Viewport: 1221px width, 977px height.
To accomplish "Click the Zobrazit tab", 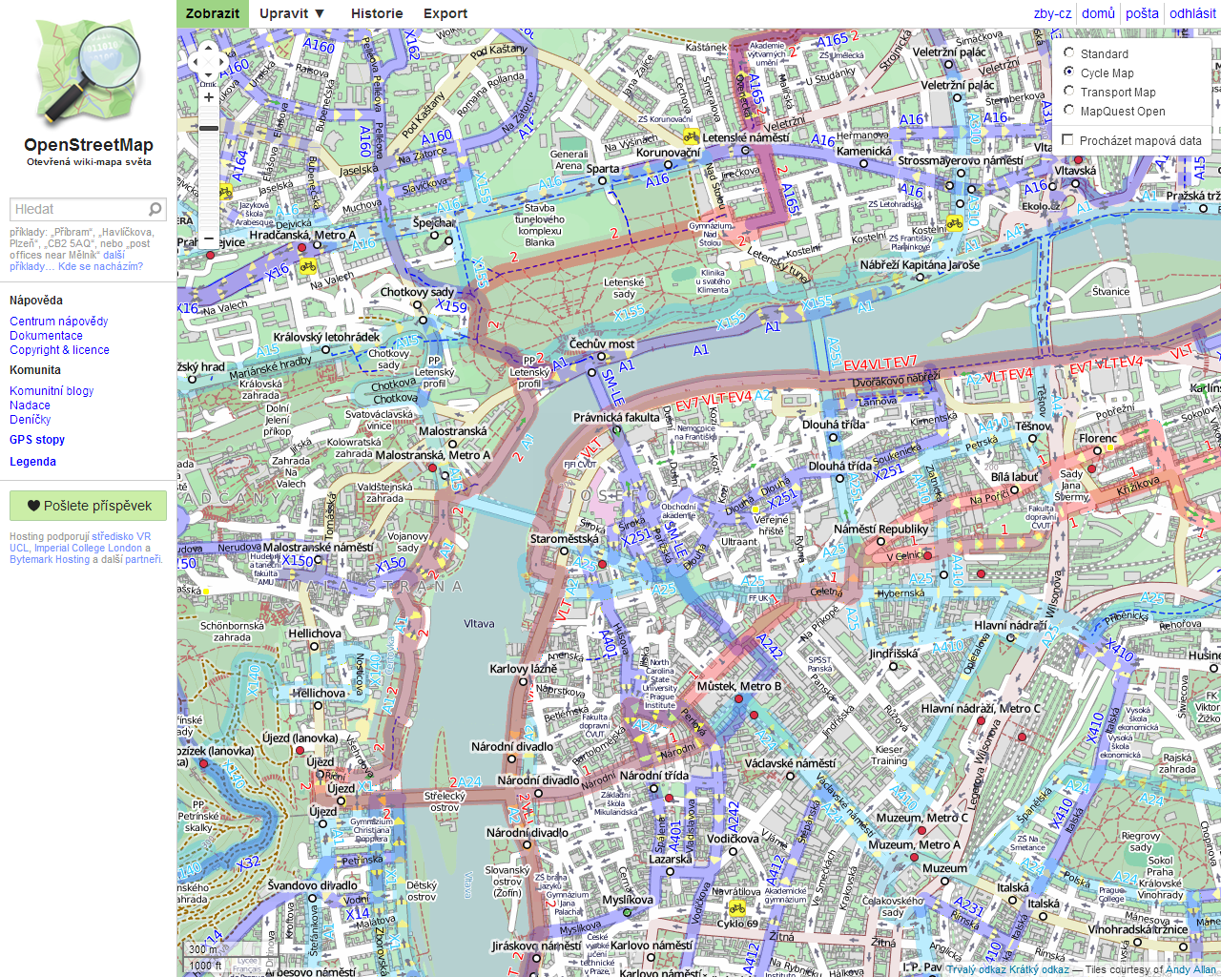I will (x=212, y=13).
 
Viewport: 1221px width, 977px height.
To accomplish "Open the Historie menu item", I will (x=377, y=13).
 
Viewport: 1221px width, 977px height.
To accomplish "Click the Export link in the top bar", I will (x=445, y=13).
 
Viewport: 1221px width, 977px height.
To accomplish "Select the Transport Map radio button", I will (x=1069, y=92).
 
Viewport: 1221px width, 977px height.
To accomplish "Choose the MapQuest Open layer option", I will (x=1069, y=111).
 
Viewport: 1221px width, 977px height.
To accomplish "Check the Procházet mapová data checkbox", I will (x=1068, y=140).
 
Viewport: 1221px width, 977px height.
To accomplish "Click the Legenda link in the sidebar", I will (x=33, y=462).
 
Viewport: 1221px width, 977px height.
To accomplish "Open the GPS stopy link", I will (x=37, y=440).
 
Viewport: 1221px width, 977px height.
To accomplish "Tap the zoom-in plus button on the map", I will (x=209, y=97).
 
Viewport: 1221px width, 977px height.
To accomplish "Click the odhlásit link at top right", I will (x=1192, y=13).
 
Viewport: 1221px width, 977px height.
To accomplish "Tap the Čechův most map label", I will (x=602, y=343).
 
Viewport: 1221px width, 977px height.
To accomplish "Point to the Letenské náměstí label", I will (x=745, y=137).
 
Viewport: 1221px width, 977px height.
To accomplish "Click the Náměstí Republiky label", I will (x=880, y=529).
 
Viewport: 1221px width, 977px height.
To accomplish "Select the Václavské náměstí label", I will (x=790, y=763).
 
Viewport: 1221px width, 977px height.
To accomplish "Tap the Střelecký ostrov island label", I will (x=445, y=800).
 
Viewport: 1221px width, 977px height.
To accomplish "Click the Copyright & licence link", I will (x=59, y=350).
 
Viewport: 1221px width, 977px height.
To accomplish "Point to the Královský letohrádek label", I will (x=326, y=337).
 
